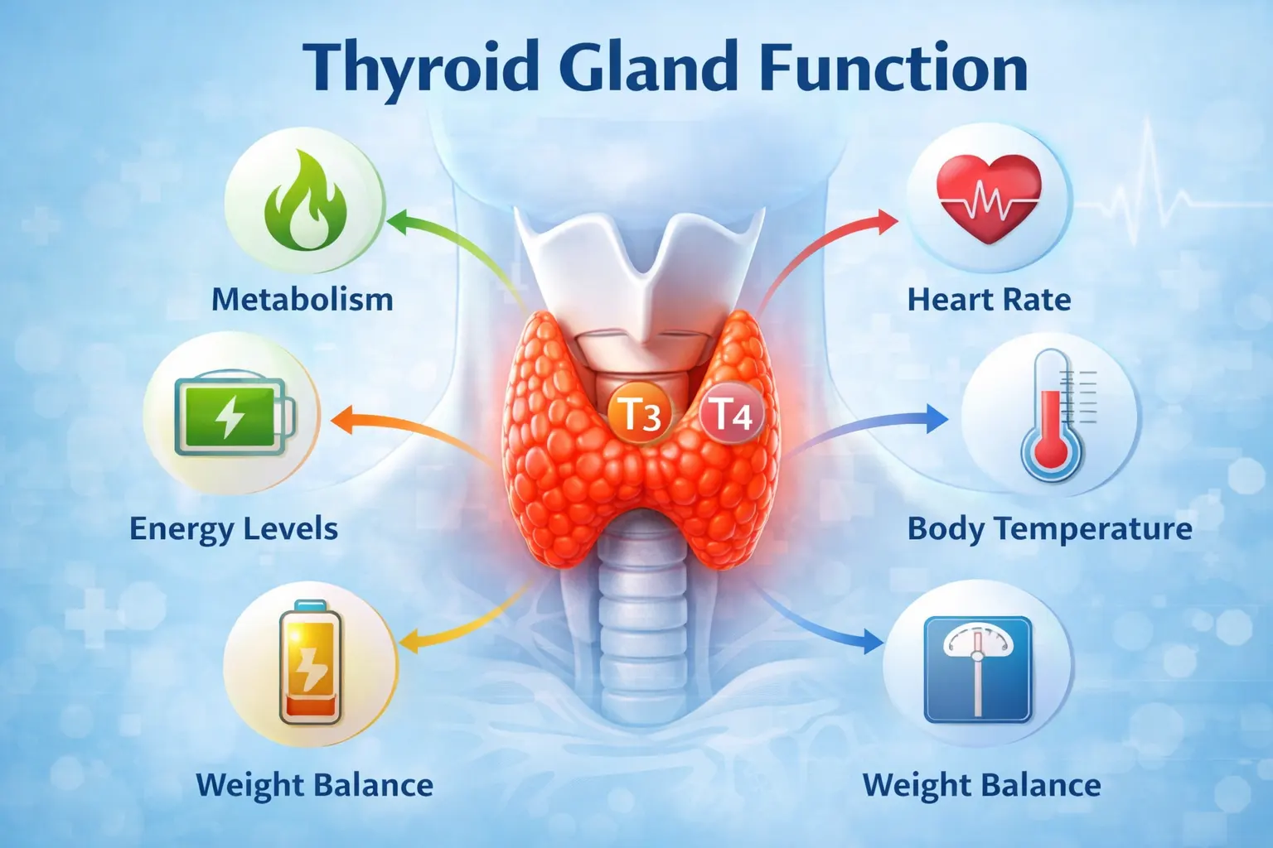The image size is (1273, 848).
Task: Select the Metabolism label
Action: point(303,299)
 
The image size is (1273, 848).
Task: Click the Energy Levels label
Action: point(234,528)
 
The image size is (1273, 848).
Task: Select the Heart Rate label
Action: point(989,299)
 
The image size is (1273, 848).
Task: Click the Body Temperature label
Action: point(1049,528)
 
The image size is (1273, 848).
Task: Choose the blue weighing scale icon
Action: point(978,668)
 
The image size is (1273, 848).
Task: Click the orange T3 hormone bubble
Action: point(639,412)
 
